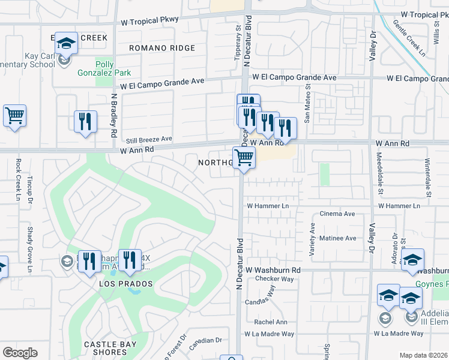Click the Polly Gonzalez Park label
pos(104,68)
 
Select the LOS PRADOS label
pos(126,283)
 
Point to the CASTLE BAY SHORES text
pos(110,348)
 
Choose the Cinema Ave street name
pos(337,214)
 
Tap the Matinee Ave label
pos(337,238)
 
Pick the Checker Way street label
pos(274,279)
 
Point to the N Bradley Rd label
pos(113,113)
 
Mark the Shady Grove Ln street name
pos(28,239)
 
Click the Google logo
pos(20,352)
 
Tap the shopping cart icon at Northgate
pos(244,158)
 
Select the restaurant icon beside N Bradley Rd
pos(85,122)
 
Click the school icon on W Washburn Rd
pos(412,260)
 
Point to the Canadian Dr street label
pos(205,341)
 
